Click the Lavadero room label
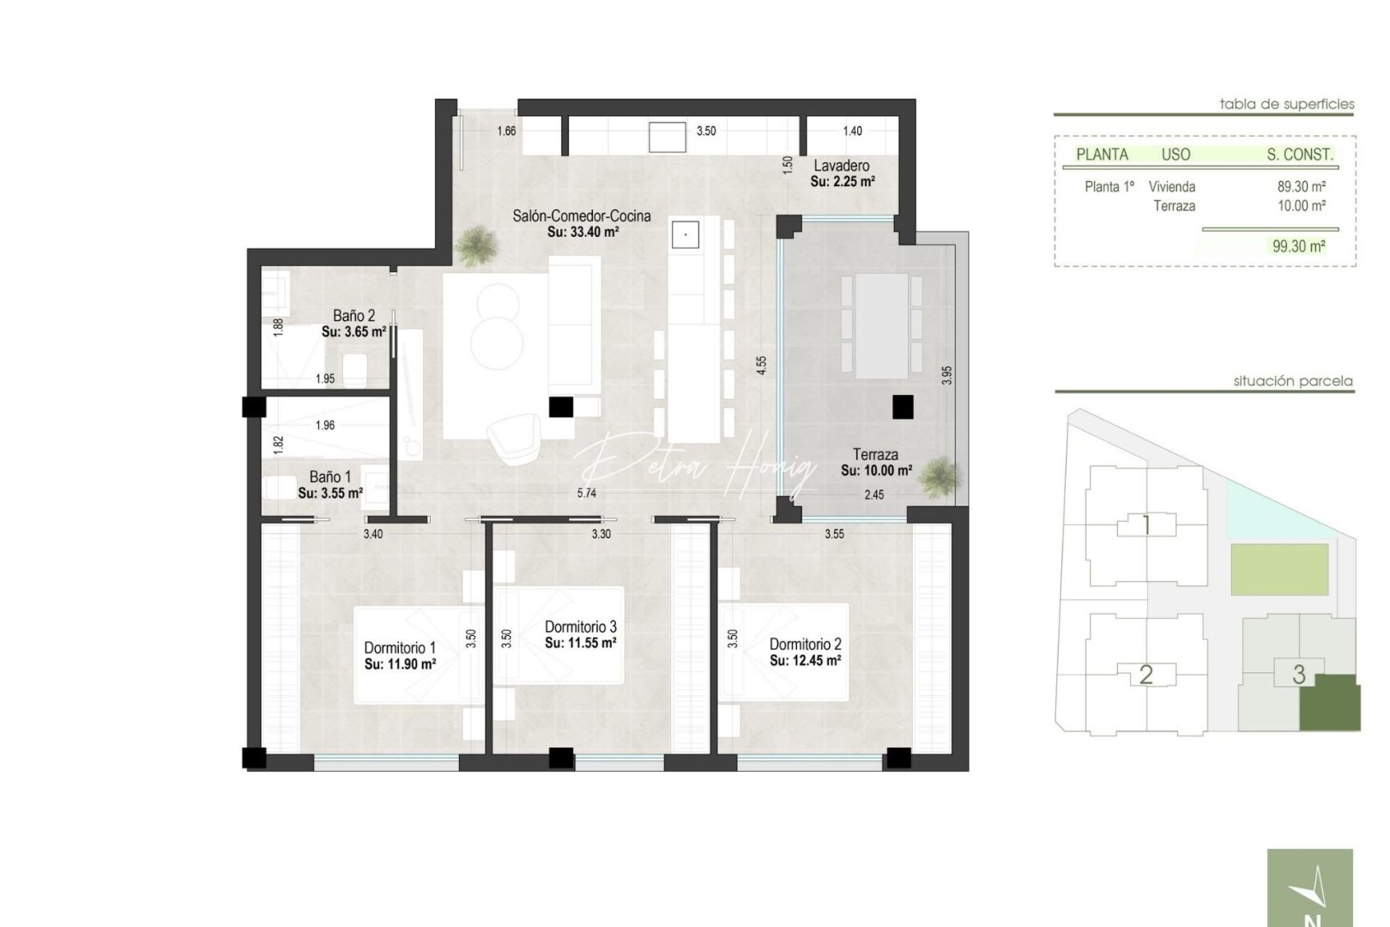(841, 166)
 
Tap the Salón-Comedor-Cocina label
(581, 216)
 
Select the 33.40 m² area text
(583, 232)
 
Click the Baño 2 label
(354, 316)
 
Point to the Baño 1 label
(329, 477)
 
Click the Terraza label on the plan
(875, 455)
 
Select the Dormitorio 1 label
(399, 648)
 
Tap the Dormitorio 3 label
(580, 627)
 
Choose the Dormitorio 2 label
(805, 644)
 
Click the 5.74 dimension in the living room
(586, 494)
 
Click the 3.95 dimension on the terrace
(946, 375)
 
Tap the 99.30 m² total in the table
(1298, 246)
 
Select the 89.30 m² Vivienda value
(1301, 186)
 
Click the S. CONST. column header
(1299, 154)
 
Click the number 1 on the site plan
(1146, 525)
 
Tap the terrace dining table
(881, 326)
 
